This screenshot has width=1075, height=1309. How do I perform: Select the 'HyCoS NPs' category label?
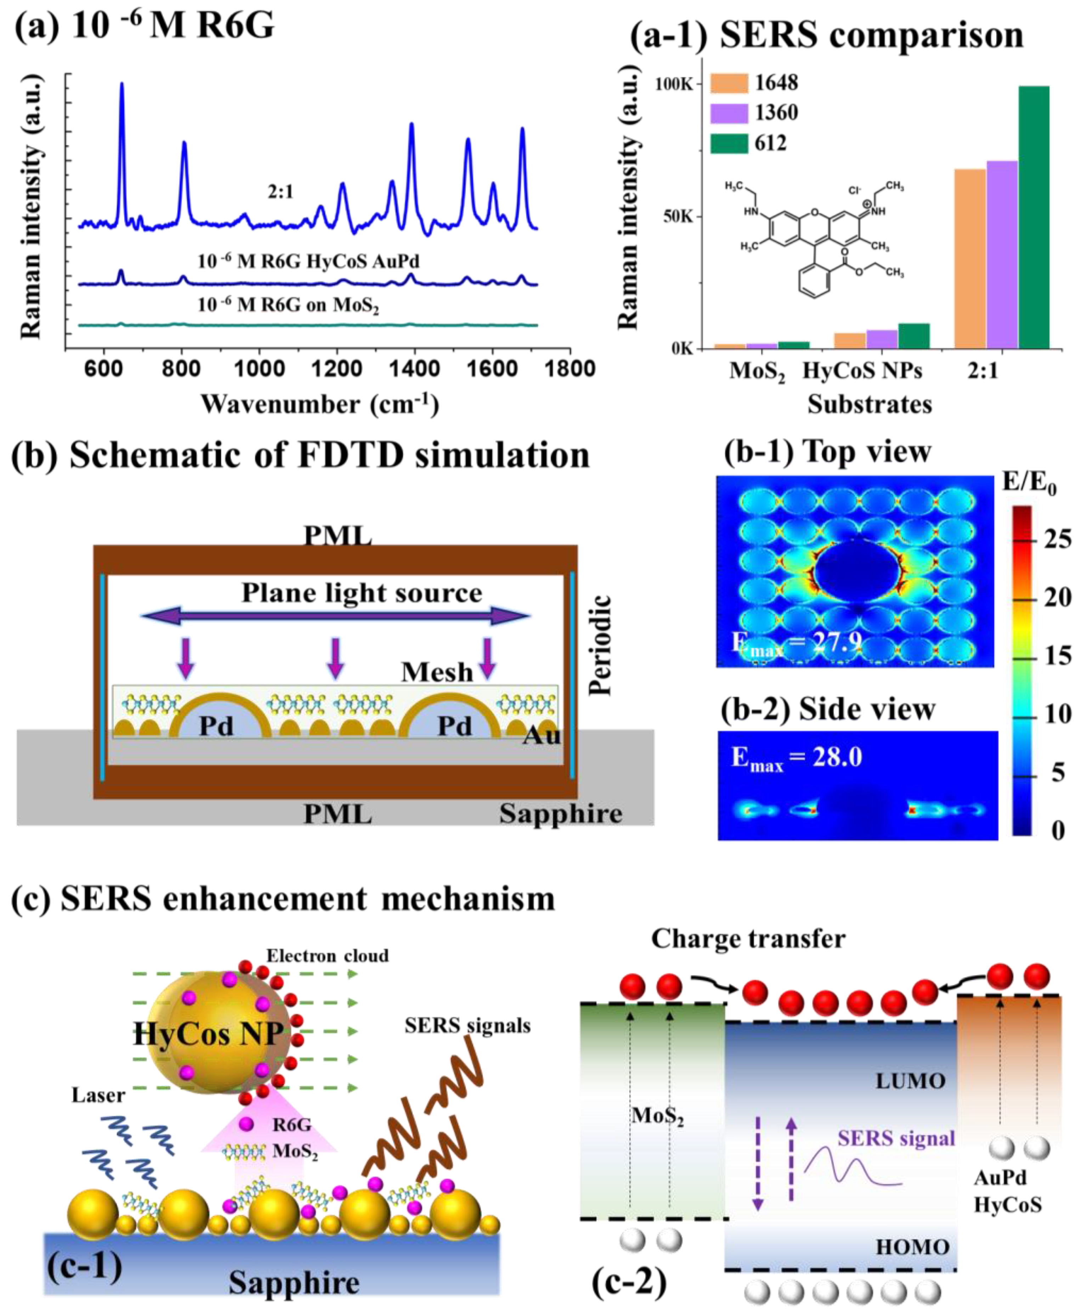pos(862,371)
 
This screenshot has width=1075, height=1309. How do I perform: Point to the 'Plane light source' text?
pos(362,593)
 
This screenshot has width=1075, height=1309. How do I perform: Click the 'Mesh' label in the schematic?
pos(437,672)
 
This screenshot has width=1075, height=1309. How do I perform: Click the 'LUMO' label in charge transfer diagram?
pos(910,1081)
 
